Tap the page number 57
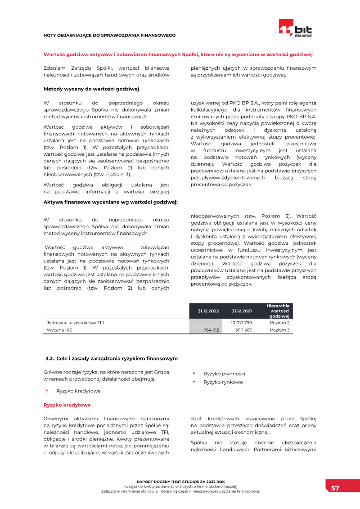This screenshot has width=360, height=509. tap(335, 488)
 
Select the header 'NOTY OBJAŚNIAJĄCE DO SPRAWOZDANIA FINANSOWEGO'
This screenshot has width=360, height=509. tap(109, 35)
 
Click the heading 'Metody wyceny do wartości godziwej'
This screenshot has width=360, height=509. tap(91, 89)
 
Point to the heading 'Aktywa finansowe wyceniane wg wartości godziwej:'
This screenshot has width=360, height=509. tap(111, 202)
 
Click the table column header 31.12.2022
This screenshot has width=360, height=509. tap(208, 311)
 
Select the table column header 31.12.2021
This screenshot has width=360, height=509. tap(242, 311)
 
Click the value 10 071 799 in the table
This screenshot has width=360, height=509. tap(241, 323)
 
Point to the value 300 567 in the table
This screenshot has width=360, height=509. tap(243, 330)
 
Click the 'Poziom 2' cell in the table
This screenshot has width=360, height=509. tap(279, 323)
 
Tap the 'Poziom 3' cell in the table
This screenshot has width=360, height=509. tap(279, 330)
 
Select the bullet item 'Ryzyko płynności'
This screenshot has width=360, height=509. tap(224, 374)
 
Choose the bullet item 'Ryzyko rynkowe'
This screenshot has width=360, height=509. tap(223, 382)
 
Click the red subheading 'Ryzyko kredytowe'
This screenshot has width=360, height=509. tap(67, 405)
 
